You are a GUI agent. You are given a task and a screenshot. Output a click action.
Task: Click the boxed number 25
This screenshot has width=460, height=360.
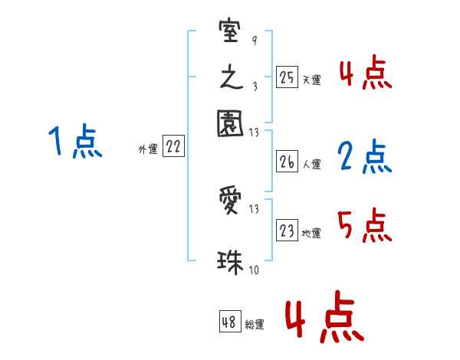coord(287,77)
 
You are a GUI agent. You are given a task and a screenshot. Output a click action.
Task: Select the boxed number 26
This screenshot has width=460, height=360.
coord(287,162)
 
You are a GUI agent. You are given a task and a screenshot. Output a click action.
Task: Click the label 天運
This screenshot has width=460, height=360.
coord(310,80)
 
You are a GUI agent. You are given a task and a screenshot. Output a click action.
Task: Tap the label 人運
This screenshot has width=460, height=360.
coord(310,164)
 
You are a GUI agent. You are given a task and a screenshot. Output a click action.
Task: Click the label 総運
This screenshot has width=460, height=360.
coord(254,325)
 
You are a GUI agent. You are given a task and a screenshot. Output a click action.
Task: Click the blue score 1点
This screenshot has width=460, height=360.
coord(74,142)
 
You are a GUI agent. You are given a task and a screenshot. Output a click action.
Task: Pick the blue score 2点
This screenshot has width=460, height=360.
coord(364,157)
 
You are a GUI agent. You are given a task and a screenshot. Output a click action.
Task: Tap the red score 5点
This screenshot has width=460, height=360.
coord(364,227)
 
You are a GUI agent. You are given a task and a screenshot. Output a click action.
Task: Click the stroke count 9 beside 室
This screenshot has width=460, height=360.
coord(254,39)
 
